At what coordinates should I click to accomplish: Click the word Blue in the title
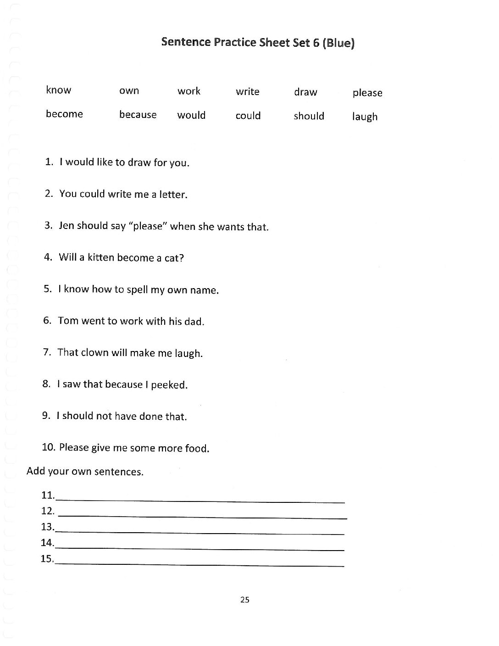(338, 44)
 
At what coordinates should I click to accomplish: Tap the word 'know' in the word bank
(59, 90)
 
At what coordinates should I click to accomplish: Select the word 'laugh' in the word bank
(365, 117)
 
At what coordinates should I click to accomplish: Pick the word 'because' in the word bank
(138, 115)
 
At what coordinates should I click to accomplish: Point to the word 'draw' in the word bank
(305, 92)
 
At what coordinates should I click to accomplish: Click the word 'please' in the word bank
(367, 93)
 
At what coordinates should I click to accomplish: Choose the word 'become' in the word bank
(64, 114)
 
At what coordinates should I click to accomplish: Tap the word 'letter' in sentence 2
(172, 195)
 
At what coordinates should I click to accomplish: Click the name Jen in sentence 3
(66, 226)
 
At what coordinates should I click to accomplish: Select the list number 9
(46, 416)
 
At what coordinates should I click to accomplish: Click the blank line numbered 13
(200, 532)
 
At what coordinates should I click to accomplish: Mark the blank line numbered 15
(200, 564)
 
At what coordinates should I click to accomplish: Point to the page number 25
(244, 600)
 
